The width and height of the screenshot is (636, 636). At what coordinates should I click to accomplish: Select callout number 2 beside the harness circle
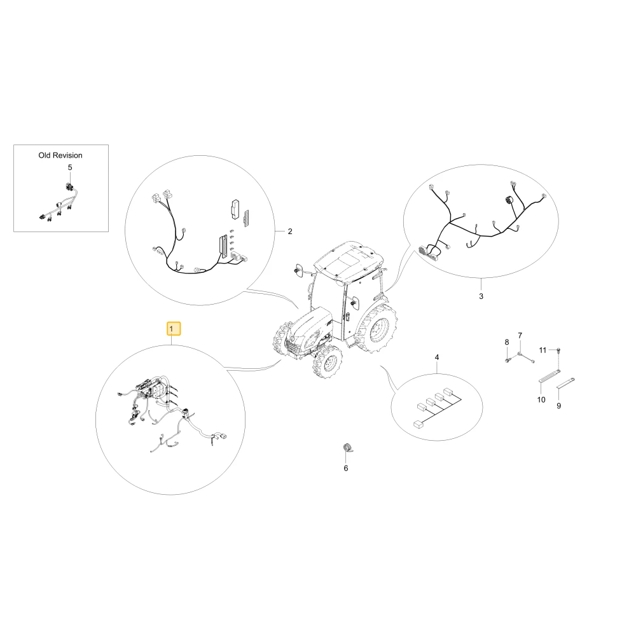289,232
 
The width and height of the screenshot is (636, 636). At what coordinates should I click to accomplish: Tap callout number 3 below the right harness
481,296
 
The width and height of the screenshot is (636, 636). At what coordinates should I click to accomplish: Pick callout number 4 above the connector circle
437,357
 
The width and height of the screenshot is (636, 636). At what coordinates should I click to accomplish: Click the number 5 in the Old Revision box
70,167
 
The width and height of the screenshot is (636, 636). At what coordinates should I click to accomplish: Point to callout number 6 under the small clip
346,469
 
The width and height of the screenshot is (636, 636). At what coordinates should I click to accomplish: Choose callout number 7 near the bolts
520,335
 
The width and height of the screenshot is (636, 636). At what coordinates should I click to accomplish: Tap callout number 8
507,342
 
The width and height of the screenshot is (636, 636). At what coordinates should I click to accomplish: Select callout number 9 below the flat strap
559,406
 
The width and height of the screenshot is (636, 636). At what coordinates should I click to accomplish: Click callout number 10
541,400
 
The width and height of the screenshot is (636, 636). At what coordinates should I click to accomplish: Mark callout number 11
543,350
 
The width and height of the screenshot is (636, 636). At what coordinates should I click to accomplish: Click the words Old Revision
60,155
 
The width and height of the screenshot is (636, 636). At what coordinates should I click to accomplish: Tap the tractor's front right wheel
328,363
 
